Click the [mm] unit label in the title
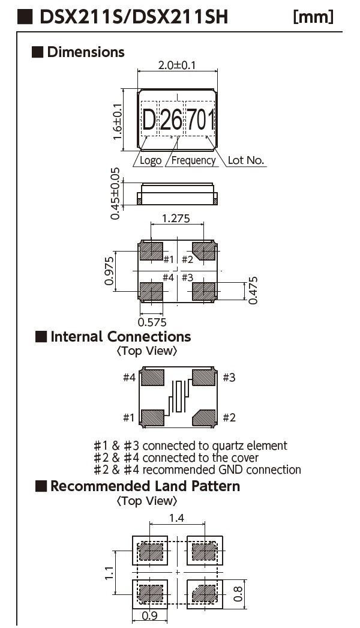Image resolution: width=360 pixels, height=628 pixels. tap(313, 17)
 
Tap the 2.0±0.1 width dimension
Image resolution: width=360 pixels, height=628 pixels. tap(177, 65)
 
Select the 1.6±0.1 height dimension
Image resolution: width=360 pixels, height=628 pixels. tap(118, 121)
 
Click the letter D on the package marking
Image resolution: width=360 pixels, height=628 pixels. tap(149, 122)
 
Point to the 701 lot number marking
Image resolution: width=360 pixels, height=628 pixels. tap(201, 122)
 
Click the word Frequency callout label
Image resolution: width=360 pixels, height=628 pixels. tap(193, 160)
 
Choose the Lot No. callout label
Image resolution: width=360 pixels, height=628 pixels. tap(246, 160)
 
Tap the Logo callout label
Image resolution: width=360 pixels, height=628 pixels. tap(151, 160)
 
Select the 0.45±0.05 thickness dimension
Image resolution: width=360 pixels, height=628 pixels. tap(116, 193)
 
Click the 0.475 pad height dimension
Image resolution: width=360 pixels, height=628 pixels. tap(254, 291)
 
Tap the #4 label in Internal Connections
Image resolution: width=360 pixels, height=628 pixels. tap(129, 378)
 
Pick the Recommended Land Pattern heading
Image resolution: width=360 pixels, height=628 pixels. tap(145, 486)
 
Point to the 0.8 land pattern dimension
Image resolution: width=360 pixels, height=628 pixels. tap(239, 594)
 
